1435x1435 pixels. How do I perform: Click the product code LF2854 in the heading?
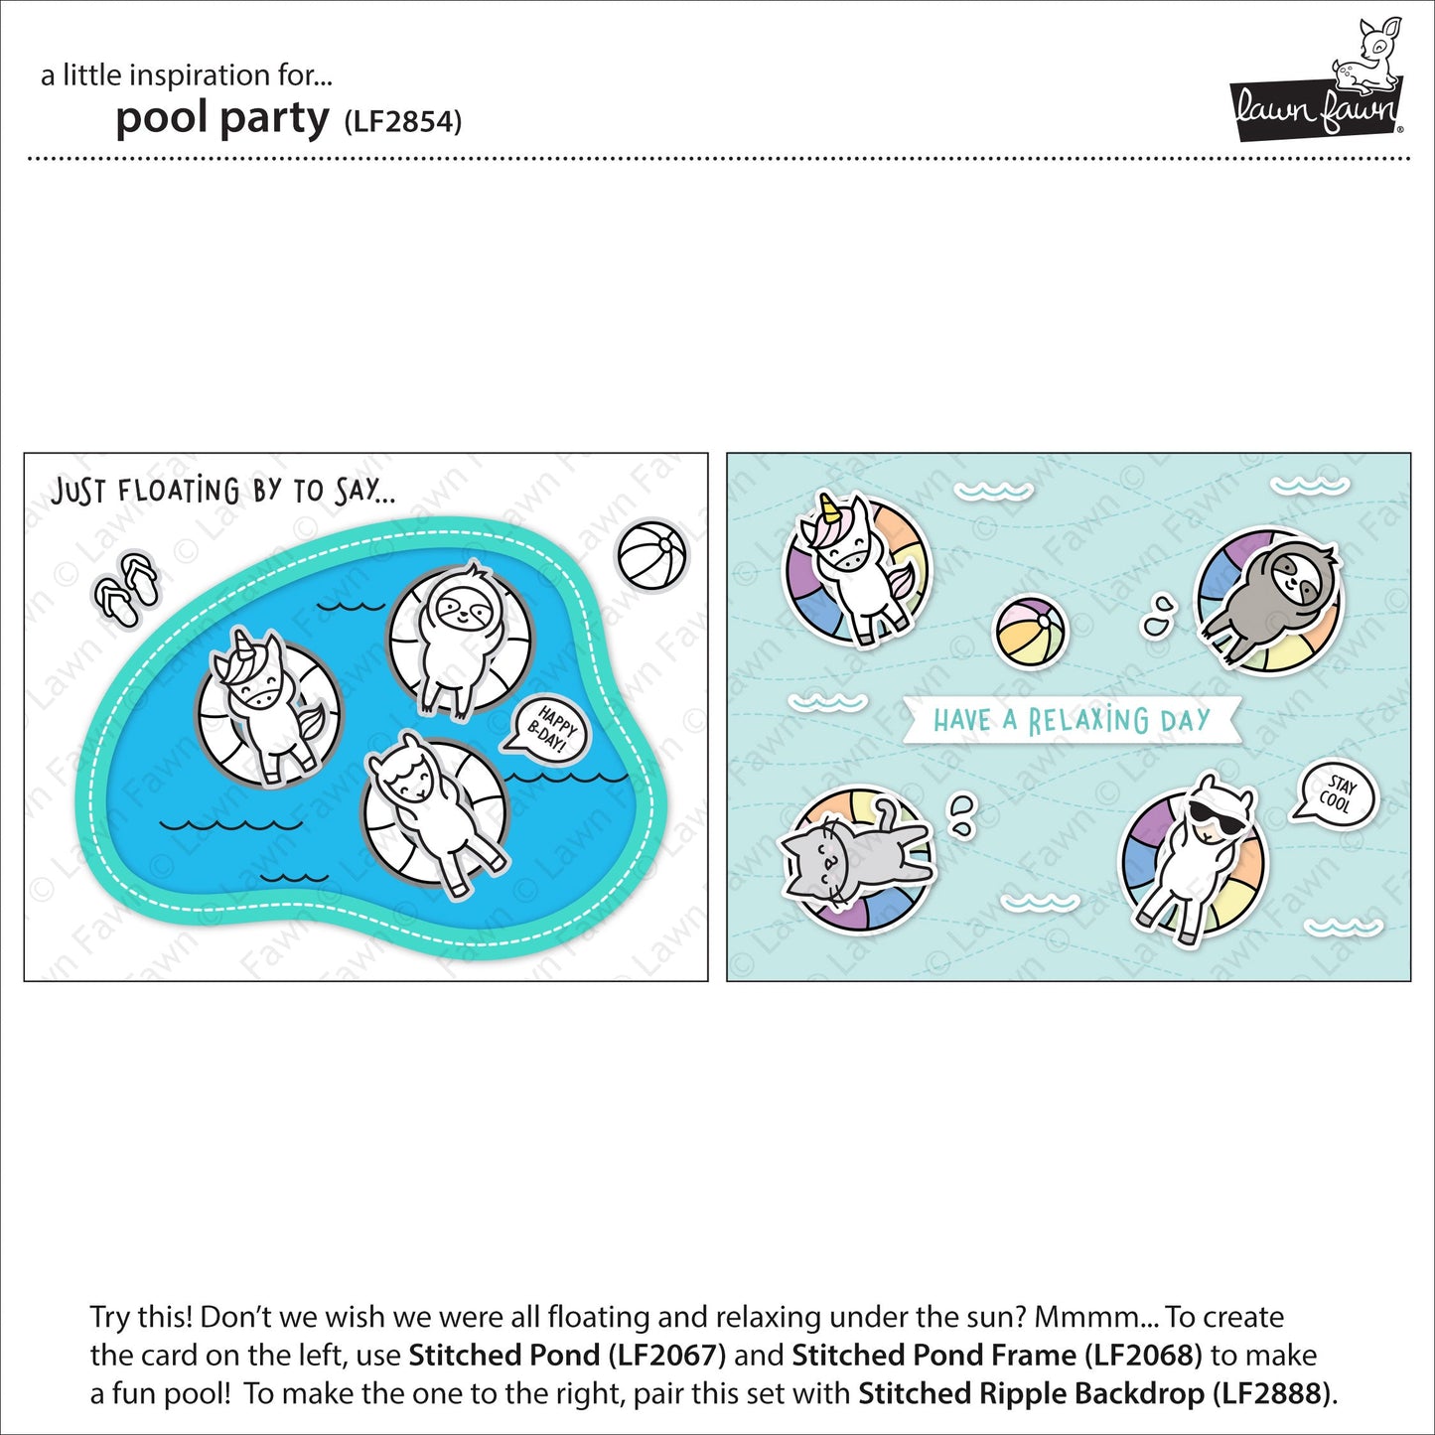point(402,122)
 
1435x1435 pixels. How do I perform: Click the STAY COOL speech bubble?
point(1337,795)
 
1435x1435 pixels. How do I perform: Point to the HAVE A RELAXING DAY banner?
point(1071,720)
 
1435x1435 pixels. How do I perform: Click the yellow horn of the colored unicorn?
point(825,509)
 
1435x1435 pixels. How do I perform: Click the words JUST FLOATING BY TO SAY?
point(222,491)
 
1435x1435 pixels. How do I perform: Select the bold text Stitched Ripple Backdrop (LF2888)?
point(1093,1393)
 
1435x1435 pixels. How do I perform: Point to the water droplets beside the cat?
point(962,813)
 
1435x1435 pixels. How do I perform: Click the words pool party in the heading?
point(221,119)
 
